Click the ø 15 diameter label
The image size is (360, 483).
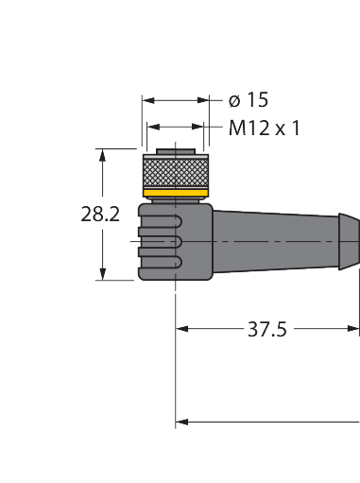249,100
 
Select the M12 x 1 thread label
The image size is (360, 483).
265,128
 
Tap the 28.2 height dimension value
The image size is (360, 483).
100,215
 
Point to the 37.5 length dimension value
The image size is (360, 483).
267,329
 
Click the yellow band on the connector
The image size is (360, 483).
176,193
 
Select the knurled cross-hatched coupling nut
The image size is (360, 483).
176,173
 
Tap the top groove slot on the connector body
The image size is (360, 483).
161,222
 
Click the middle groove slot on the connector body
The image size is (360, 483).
161,242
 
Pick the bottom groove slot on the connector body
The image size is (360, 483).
161,262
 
